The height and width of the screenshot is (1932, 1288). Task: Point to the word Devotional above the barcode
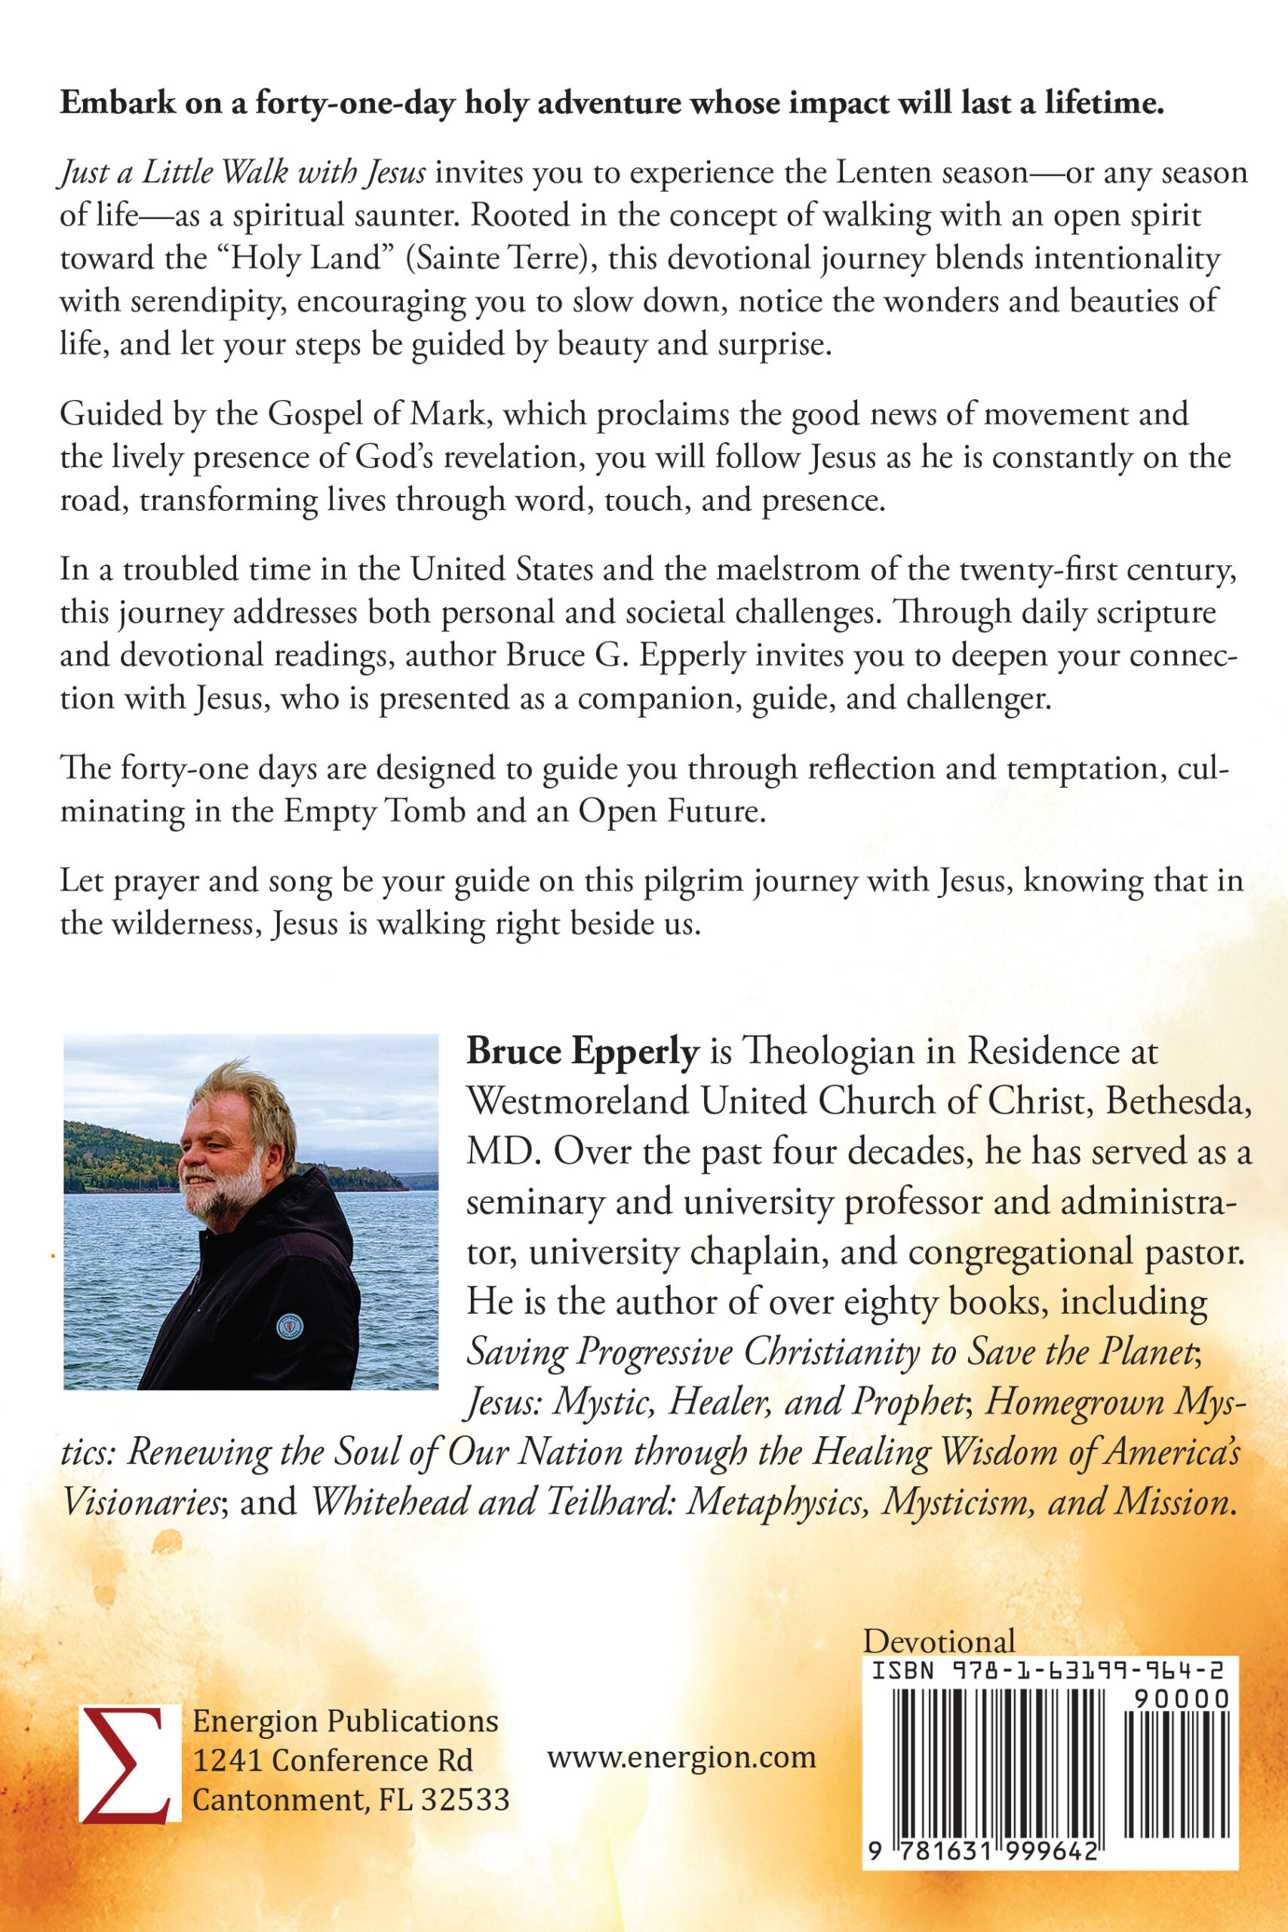point(939,1641)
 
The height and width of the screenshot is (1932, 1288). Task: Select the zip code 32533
point(465,1800)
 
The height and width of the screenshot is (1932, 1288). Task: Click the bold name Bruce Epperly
point(583,1051)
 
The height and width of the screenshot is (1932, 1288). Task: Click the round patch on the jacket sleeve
point(289,1326)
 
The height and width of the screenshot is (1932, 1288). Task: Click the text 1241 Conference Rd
point(333,1761)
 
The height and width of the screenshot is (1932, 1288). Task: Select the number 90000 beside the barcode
point(1181,1698)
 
